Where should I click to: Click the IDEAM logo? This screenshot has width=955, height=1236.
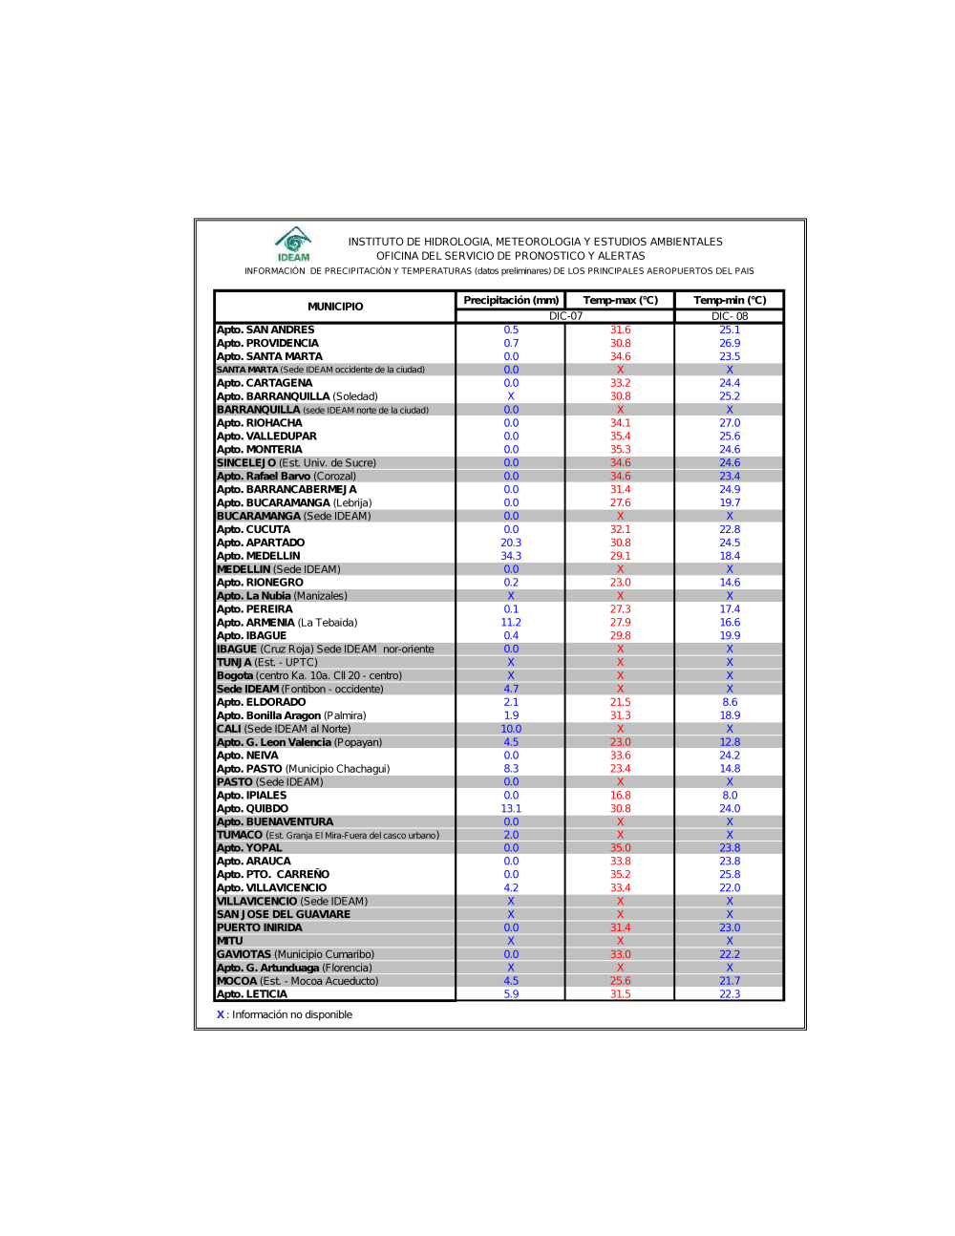[293, 244]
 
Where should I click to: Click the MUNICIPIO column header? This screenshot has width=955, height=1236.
[335, 307]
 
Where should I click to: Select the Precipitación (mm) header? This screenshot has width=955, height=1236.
[511, 300]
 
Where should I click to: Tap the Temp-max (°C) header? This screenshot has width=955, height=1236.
[621, 300]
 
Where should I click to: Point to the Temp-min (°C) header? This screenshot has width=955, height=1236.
[730, 300]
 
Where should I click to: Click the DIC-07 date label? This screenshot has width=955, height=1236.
[565, 316]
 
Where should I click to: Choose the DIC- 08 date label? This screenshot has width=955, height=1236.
[730, 316]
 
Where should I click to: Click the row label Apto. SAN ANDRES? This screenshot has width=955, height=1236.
[265, 330]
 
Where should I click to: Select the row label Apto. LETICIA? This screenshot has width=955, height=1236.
[252, 994]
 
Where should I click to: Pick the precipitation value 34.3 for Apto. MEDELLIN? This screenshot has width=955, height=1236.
[511, 556]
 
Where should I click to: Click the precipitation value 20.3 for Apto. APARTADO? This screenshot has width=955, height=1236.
[511, 543]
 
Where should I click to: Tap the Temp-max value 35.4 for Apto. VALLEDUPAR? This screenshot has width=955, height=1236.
[621, 437]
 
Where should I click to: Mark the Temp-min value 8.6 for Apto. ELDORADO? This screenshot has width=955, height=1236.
[730, 702]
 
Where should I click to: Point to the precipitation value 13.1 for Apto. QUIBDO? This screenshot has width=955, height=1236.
[511, 808]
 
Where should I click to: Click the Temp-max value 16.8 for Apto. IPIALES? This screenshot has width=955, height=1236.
[621, 795]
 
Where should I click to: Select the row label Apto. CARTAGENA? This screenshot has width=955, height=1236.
[265, 383]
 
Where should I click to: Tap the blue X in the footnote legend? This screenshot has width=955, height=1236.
[221, 1014]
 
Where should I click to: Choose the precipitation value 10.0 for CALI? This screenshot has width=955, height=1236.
[511, 729]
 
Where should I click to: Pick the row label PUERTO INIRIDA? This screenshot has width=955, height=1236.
[260, 927]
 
